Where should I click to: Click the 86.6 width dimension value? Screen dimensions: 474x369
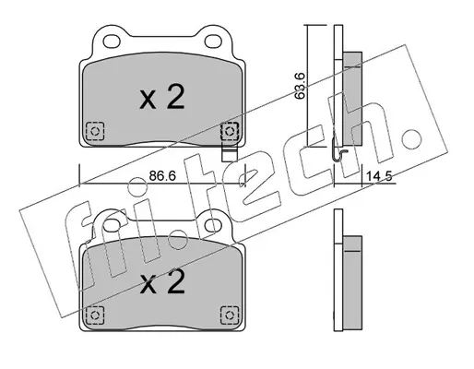point(162,176)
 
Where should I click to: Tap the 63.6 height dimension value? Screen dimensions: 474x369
point(299,85)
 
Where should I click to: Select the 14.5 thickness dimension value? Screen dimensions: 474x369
point(378,176)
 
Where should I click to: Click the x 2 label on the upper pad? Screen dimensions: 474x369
point(162,97)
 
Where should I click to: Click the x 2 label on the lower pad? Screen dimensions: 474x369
point(162,281)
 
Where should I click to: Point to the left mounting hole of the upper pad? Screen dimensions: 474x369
point(112,41)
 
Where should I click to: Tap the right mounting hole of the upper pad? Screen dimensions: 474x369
point(213,41)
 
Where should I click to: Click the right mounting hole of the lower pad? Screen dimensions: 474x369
point(213,225)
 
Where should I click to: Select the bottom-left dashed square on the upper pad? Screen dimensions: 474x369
point(95,131)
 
